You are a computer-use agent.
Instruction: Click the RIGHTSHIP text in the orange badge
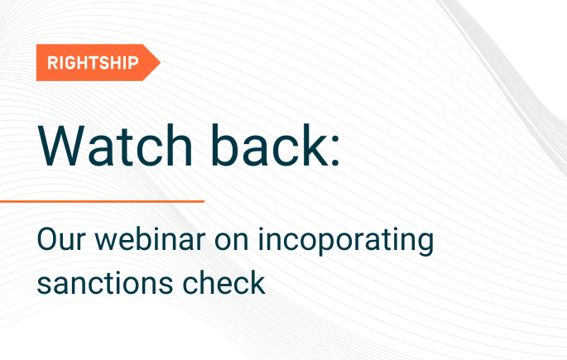pos(93,62)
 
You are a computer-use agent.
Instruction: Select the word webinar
pos(155,242)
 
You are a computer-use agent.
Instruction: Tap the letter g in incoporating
pos(425,247)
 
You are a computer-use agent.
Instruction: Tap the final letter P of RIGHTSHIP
pos(134,62)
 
